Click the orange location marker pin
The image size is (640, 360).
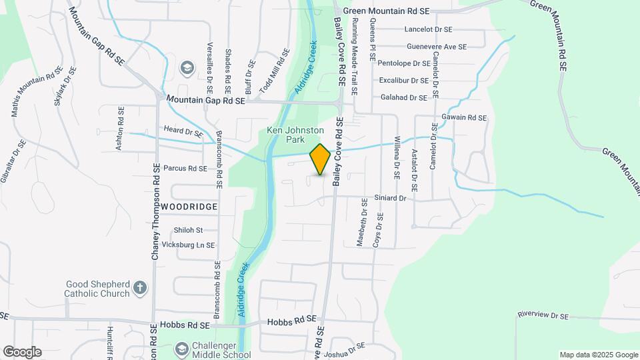(x=320, y=159)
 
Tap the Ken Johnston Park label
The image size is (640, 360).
(x=286, y=135)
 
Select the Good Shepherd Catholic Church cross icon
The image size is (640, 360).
(x=139, y=287)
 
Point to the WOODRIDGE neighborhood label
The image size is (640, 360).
(x=189, y=207)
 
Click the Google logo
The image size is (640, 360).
(x=22, y=352)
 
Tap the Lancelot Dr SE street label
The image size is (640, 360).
(x=428, y=30)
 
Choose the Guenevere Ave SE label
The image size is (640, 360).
(x=437, y=47)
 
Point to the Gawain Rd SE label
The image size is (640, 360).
(x=464, y=118)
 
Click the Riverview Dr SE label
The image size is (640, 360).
(x=543, y=315)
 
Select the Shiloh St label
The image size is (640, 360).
(x=188, y=230)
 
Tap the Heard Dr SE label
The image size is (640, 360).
(x=183, y=133)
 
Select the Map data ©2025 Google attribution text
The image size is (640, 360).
(x=597, y=355)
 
